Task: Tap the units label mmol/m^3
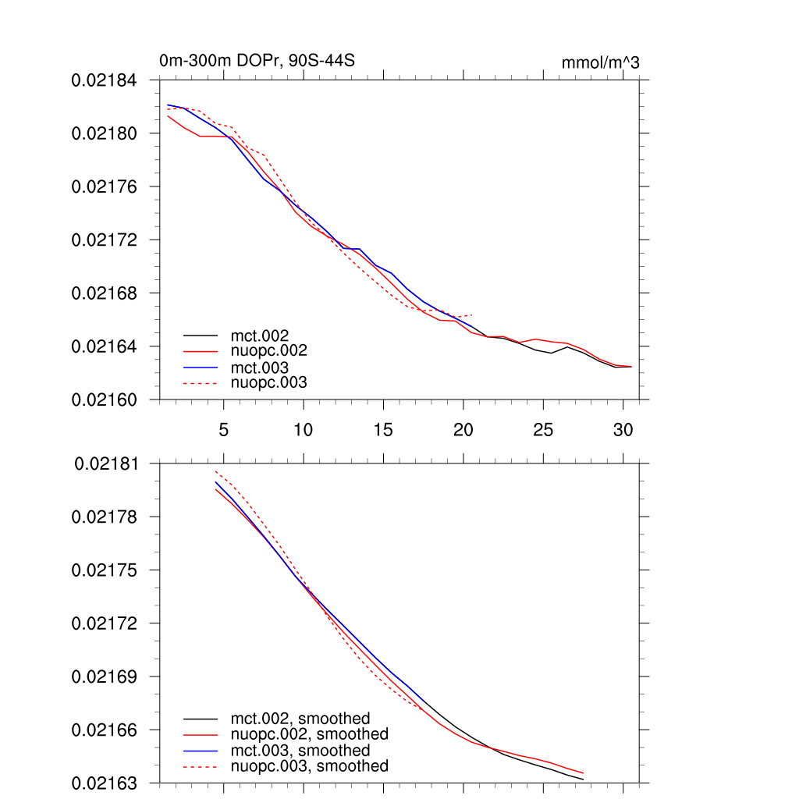600,62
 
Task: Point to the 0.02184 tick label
104,80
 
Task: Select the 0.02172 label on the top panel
104,240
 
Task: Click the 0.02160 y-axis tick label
104,399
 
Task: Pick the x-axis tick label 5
224,429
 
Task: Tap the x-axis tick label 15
383,429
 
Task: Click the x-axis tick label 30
623,429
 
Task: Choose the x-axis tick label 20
463,429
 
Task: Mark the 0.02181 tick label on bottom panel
107,464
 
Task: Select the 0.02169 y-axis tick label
104,676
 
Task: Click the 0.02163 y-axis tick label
104,783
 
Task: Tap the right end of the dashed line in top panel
473,314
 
